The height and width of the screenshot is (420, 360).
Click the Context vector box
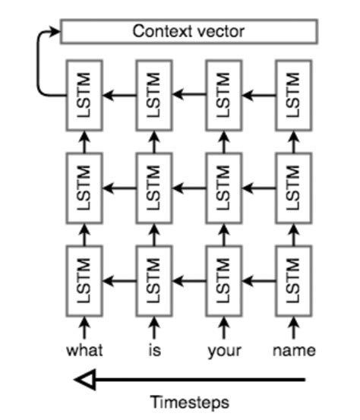tap(188, 32)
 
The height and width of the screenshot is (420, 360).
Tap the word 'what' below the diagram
tap(84, 350)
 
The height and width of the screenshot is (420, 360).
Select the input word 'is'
tap(154, 350)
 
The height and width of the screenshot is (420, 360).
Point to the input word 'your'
tap(224, 350)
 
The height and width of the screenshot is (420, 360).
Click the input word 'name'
tap(294, 350)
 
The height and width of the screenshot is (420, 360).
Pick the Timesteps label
tap(190, 402)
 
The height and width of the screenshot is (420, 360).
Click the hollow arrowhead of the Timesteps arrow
tap(85, 379)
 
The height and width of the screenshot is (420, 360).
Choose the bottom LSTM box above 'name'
tap(294, 279)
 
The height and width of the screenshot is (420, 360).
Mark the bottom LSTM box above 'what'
tap(84, 279)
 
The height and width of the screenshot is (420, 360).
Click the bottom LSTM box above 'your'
tap(224, 279)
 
